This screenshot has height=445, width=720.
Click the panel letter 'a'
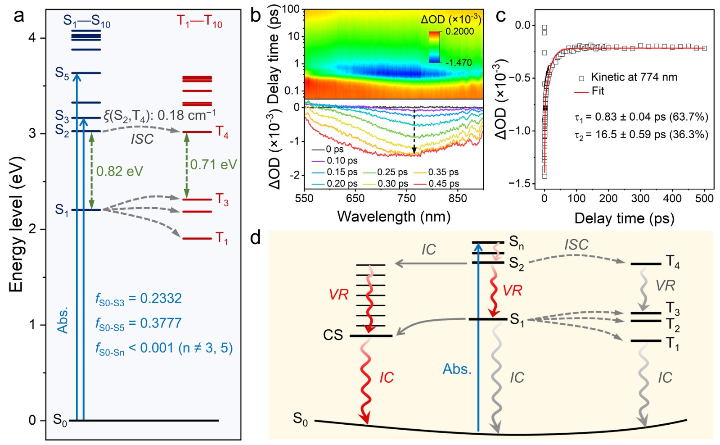point(19,17)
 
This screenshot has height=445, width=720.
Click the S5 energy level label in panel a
point(62,73)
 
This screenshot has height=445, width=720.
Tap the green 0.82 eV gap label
point(120,171)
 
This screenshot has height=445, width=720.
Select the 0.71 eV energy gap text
point(213,164)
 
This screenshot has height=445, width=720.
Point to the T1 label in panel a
point(221,238)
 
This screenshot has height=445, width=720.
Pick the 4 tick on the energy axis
point(32,38)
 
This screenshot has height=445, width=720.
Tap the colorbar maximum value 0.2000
point(459,32)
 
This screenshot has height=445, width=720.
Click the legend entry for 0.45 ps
point(444,184)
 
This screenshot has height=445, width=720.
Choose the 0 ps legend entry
point(335,150)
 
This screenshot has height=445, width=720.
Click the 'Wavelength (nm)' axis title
point(394,217)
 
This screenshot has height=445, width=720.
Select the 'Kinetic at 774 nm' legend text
point(634,77)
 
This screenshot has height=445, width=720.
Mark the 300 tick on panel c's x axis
point(640,199)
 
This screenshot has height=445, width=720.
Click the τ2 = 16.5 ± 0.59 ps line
point(641,135)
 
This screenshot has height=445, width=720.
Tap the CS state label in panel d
point(333,335)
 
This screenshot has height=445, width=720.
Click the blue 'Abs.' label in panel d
point(457,369)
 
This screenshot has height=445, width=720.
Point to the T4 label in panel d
point(672,262)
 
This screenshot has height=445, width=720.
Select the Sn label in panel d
point(516,243)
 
